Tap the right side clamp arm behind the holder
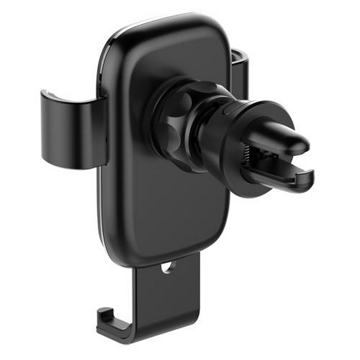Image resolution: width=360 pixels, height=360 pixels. tap(240, 72)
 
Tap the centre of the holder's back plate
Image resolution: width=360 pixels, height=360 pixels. tap(162, 180)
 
